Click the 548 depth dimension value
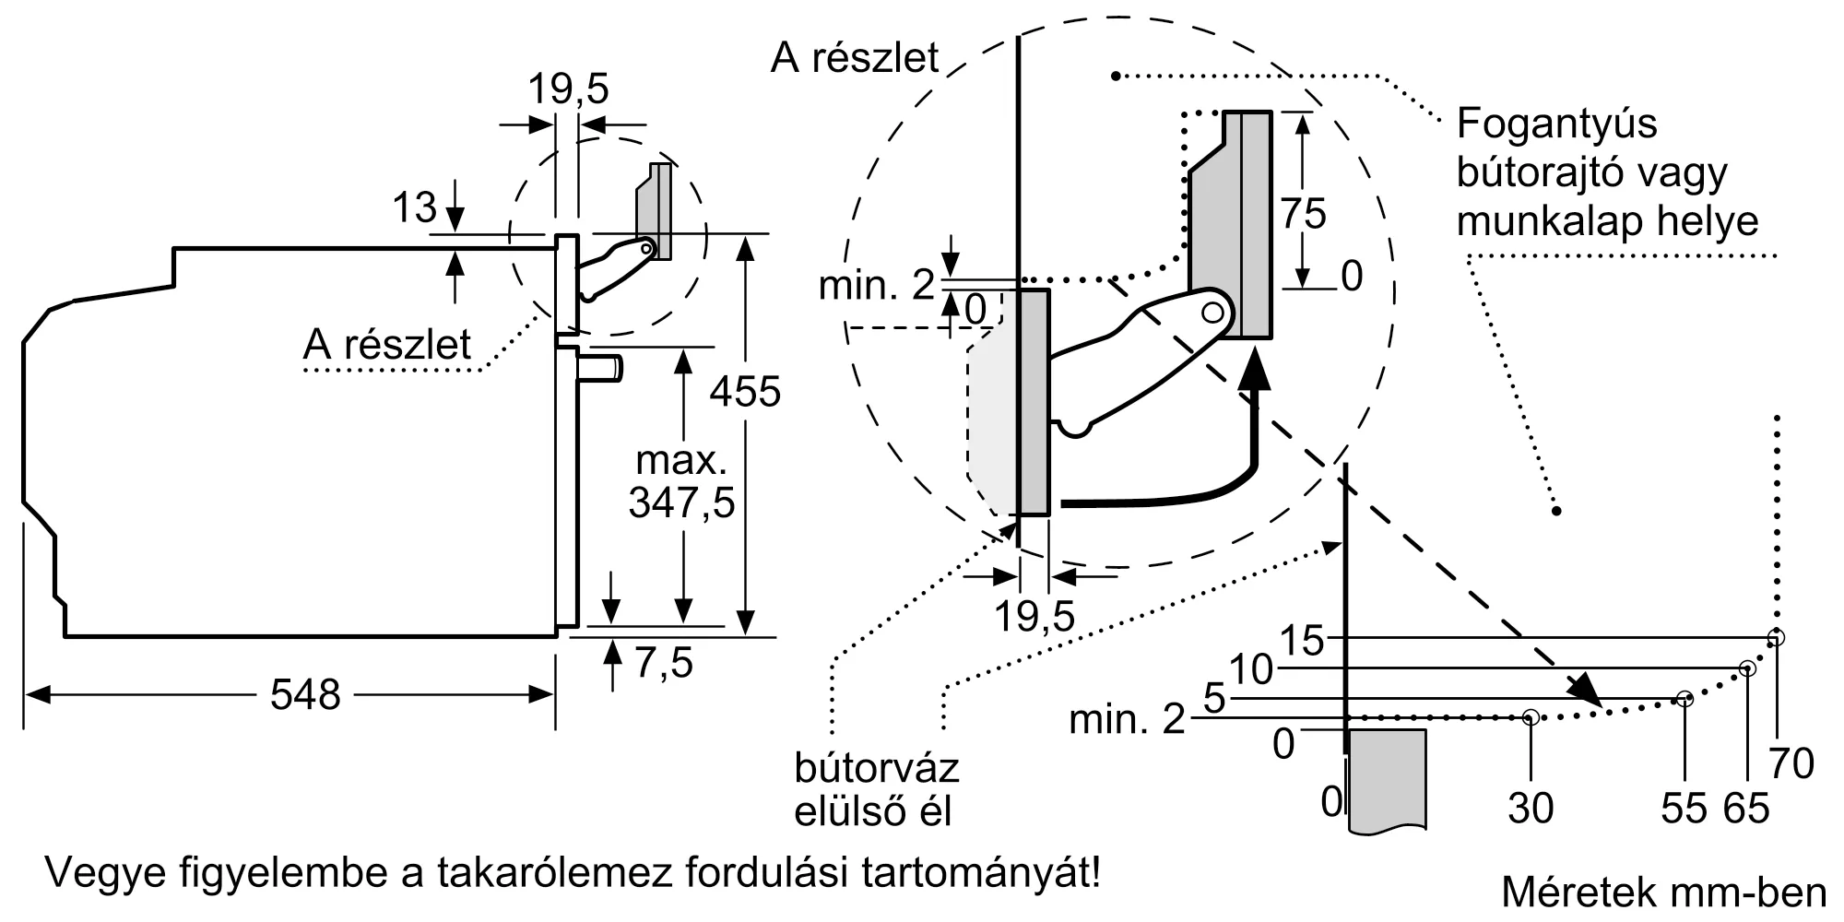coord(305,694)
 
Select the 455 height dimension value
coord(744,391)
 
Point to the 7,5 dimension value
coord(663,662)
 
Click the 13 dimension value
coord(414,207)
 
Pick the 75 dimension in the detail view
coord(1303,214)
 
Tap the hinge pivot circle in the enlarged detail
coord(1212,313)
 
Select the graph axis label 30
coord(1531,809)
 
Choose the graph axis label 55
coord(1684,809)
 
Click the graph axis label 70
coord(1791,763)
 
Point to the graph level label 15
coord(1303,640)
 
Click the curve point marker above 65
coord(1746,668)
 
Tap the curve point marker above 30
coord(1531,716)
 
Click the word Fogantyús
coord(1557,124)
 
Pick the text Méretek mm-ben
coord(1663,892)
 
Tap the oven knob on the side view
coord(600,366)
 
